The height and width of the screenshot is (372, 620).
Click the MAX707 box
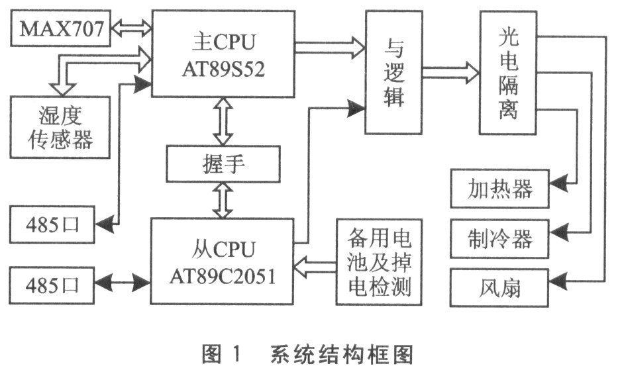point(60,28)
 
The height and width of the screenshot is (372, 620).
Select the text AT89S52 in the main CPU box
point(223,70)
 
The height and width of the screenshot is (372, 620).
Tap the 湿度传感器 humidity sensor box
point(60,127)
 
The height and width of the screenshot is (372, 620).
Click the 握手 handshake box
point(223,163)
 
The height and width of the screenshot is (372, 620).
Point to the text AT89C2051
point(223,276)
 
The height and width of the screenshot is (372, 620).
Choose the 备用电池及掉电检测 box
point(379,261)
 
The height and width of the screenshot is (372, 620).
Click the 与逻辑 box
point(394,72)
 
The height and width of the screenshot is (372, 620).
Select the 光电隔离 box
point(508,72)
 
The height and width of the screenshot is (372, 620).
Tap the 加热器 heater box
point(500,189)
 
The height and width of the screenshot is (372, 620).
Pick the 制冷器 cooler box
point(500,239)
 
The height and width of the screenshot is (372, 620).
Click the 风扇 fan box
point(499,288)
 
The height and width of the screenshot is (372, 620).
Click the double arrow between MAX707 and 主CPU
point(131,28)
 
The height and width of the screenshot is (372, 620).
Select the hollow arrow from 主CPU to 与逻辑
point(330,47)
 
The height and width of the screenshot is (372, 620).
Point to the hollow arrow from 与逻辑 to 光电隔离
point(451,72)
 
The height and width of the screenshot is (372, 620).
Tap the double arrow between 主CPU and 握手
point(223,121)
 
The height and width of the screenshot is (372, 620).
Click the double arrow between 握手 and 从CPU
point(223,201)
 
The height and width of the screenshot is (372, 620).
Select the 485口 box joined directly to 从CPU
point(52,285)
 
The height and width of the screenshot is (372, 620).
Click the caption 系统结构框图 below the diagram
point(342,354)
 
